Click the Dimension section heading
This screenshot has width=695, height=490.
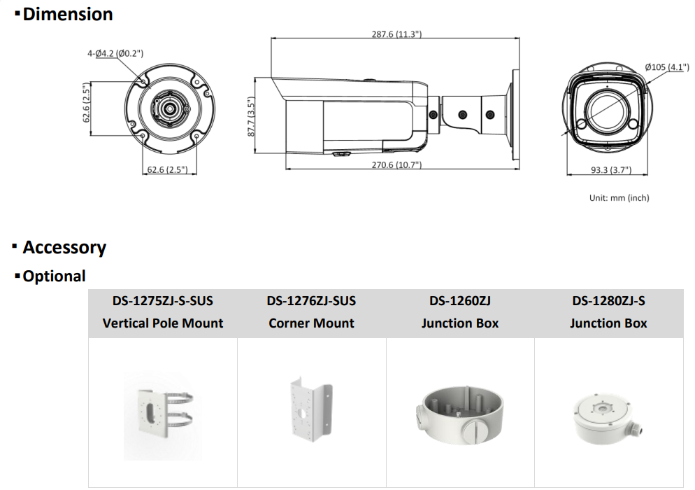[68, 14]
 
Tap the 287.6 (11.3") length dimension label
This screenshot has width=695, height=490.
[396, 34]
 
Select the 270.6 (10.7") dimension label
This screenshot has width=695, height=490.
[396, 164]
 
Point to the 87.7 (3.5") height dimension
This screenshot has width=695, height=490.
[251, 117]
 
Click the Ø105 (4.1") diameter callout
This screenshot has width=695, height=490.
[667, 67]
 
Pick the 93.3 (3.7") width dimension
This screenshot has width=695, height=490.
[611, 169]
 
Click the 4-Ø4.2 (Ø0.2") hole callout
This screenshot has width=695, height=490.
[115, 54]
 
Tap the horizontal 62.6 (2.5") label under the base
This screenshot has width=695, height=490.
[167, 169]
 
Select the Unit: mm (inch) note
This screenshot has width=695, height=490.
[619, 198]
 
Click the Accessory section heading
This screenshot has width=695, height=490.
[64, 247]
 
